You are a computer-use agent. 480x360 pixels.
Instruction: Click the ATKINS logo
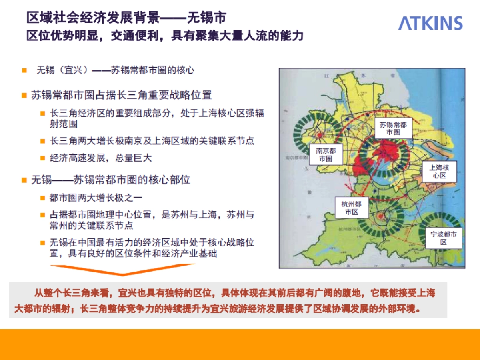[x=430, y=23]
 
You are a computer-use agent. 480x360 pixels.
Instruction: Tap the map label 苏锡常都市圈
[x=393, y=128]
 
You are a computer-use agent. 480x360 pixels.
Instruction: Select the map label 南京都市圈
[x=326, y=154]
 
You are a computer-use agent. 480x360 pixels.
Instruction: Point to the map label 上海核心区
[x=440, y=171]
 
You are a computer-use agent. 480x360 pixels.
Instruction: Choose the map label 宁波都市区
[x=444, y=238]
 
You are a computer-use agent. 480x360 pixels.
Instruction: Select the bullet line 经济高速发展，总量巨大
[x=101, y=158]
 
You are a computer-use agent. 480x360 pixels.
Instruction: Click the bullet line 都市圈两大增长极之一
[x=96, y=198]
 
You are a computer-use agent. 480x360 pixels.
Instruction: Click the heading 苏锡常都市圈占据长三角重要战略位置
[x=121, y=95]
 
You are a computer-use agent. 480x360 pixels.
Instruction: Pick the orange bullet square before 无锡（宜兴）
[x=24, y=71]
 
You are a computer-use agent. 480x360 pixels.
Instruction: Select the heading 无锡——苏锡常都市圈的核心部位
[x=111, y=180]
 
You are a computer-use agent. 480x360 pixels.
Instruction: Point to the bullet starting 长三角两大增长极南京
[x=152, y=141]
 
